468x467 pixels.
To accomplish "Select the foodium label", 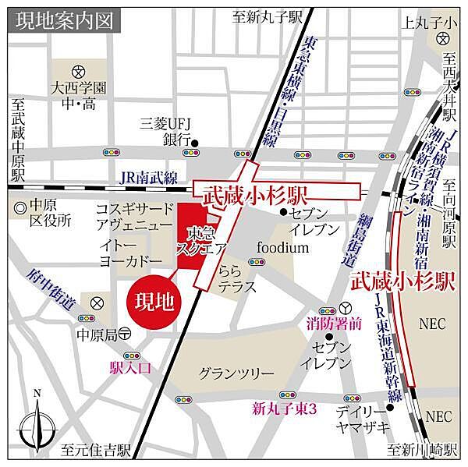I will click(x=283, y=248).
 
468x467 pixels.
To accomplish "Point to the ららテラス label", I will click(x=237, y=280).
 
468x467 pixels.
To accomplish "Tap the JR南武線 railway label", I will click(x=148, y=178).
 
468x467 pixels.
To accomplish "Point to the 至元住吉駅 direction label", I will click(x=96, y=451).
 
